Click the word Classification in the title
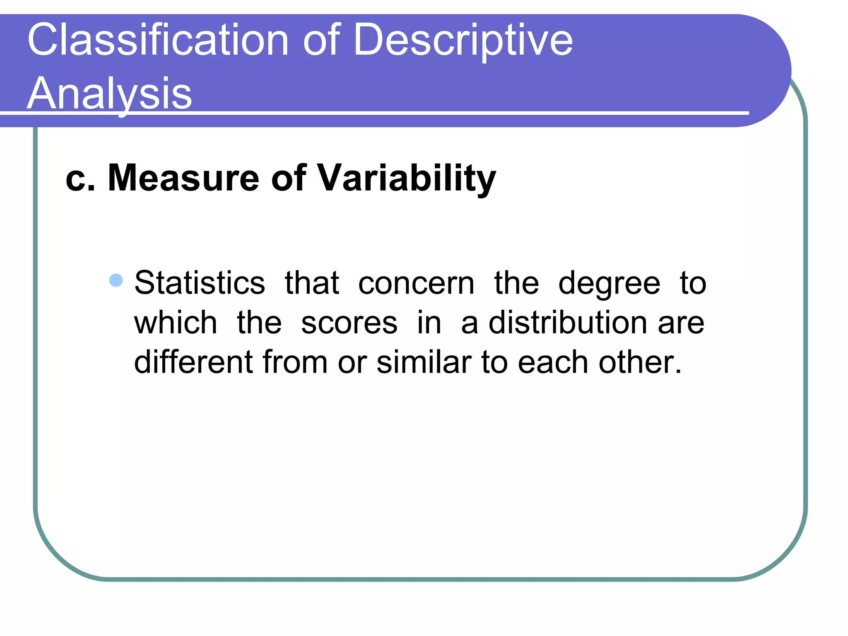[x=158, y=40]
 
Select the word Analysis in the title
[x=109, y=94]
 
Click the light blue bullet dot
[x=116, y=280]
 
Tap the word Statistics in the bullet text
[x=200, y=283]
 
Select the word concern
[x=416, y=284]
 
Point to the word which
[x=176, y=323]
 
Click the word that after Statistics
[x=312, y=283]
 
